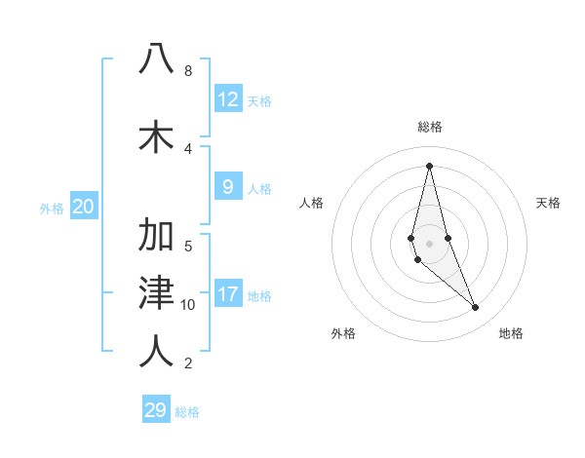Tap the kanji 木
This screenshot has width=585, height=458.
point(156,136)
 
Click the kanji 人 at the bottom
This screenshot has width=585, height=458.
point(156,351)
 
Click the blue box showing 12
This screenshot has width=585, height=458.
point(228,99)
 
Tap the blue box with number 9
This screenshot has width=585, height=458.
point(228,188)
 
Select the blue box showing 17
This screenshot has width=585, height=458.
point(228,295)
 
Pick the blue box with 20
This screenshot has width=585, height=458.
point(83,207)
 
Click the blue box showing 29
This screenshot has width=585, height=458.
point(156,410)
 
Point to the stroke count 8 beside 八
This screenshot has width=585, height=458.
point(187,71)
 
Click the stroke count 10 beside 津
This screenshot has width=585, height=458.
point(188,305)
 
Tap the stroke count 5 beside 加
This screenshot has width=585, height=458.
point(187,246)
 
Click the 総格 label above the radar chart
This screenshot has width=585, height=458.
point(430,127)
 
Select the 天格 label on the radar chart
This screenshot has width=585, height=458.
point(549,203)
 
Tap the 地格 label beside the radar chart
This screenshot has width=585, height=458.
point(511,333)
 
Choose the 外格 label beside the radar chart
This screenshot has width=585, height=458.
point(343,333)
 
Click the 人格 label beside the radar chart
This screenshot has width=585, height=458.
point(312,203)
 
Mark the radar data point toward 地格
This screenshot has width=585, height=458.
point(476,308)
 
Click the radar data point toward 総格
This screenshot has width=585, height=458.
point(429,166)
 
